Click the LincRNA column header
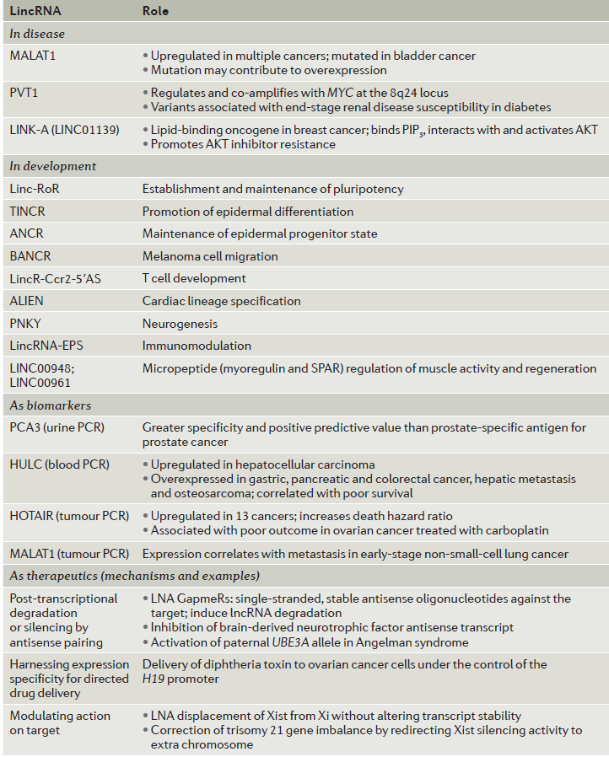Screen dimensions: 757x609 click(x=35, y=11)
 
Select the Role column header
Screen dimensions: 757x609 click(x=155, y=11)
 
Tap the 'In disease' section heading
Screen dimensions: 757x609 click(x=37, y=35)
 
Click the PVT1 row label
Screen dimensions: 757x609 click(x=24, y=91)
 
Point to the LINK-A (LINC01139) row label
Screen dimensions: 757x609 click(x=64, y=129)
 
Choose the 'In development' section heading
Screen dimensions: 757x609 click(x=52, y=166)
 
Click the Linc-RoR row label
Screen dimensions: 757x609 click(x=35, y=189)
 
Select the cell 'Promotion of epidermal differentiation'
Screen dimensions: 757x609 click(x=247, y=212)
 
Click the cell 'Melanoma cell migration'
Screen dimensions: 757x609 click(x=210, y=255)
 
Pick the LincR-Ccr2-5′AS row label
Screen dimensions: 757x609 click(x=57, y=278)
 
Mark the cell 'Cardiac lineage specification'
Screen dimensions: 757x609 click(x=221, y=301)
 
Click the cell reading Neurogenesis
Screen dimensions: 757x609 click(x=180, y=323)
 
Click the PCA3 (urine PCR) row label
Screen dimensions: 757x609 click(x=57, y=427)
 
